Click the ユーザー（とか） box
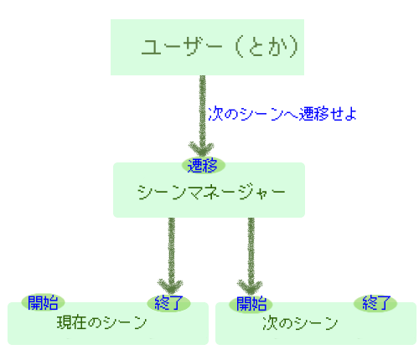pos(207,47)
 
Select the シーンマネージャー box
pos(209,190)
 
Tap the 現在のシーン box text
pos(101,322)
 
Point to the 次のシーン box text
pos(300,323)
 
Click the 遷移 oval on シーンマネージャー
pos(203,166)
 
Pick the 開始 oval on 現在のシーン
pos(43,302)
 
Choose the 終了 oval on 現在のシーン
pos(168,303)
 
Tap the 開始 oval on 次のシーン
pos(251,304)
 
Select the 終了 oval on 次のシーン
pos(375,303)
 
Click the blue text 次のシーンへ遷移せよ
pos(282,114)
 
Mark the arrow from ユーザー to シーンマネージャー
pos(203,116)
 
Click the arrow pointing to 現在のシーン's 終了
pos(171,256)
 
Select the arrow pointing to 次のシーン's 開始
pos(251,256)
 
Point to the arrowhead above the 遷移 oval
pos(202,149)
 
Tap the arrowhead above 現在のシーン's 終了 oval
pos(170,286)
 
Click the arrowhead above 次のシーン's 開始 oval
pos(250,287)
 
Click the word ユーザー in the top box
pos(182,47)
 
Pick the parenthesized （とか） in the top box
pos(266,47)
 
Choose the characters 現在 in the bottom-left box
pos(71,322)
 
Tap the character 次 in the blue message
pos(215,114)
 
